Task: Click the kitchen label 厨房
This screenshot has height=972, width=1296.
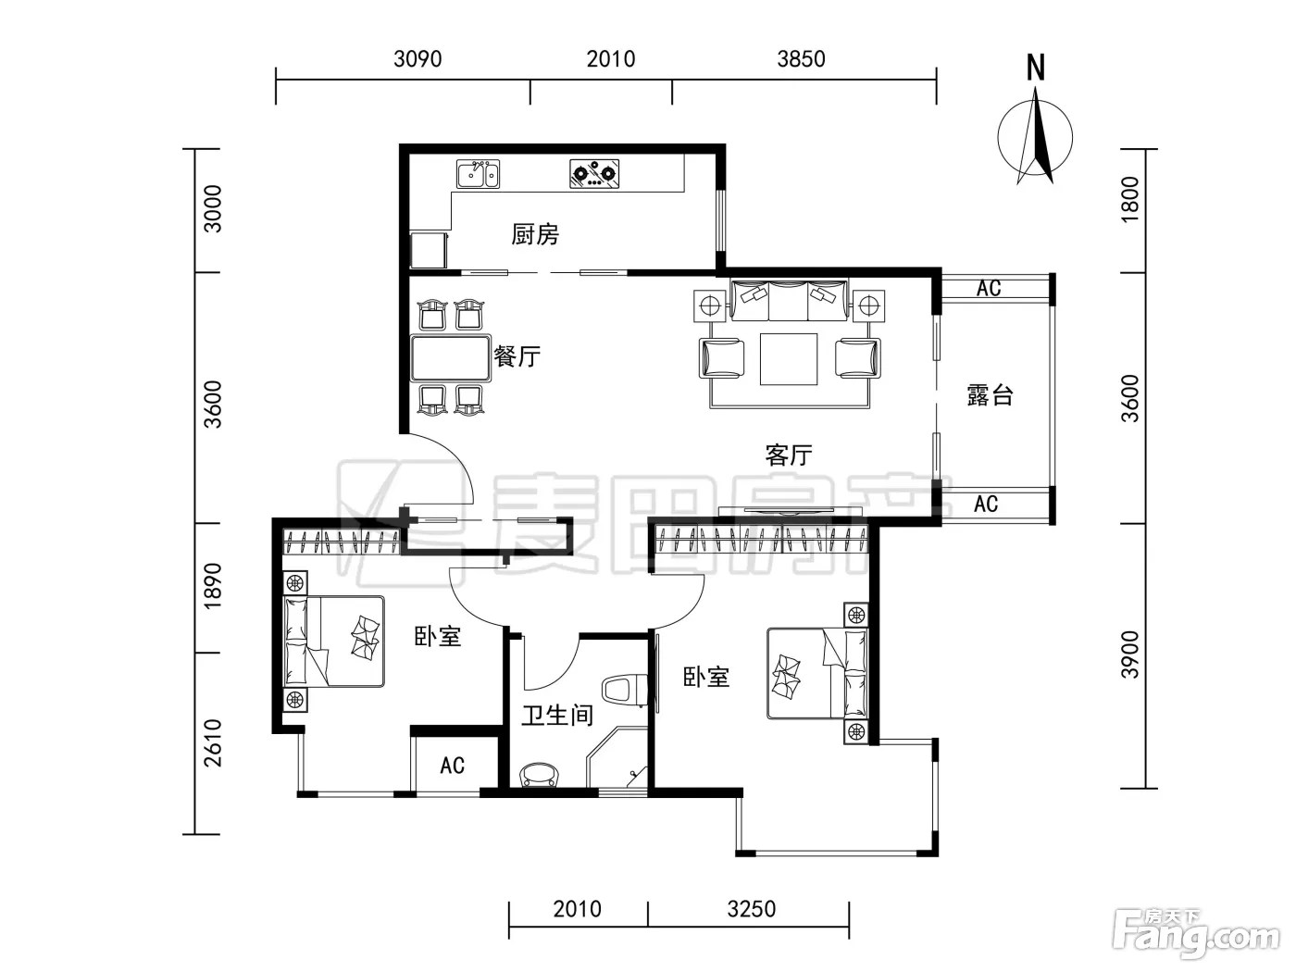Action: [535, 234]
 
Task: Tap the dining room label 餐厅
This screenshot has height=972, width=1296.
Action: [517, 355]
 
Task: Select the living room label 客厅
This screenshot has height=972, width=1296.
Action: [789, 455]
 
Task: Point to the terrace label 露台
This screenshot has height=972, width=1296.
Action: [991, 395]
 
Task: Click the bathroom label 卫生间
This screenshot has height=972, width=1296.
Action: [556, 716]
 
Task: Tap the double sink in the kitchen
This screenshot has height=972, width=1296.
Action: [478, 174]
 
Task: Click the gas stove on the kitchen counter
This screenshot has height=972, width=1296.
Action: [594, 173]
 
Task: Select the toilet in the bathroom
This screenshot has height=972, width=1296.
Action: [622, 690]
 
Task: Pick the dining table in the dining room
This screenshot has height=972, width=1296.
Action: [451, 357]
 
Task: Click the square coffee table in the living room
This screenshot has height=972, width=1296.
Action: [789, 359]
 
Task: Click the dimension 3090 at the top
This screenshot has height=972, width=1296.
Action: [417, 59]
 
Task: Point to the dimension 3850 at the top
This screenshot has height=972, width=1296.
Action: [802, 59]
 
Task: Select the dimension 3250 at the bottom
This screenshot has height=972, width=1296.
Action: [751, 909]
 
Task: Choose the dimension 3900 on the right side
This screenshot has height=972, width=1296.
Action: [1130, 655]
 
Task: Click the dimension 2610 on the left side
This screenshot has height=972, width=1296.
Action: [213, 743]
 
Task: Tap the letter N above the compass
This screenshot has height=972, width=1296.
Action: [1036, 68]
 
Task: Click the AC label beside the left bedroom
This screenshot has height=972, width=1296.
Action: [453, 765]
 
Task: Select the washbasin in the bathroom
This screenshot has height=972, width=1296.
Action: [539, 775]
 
